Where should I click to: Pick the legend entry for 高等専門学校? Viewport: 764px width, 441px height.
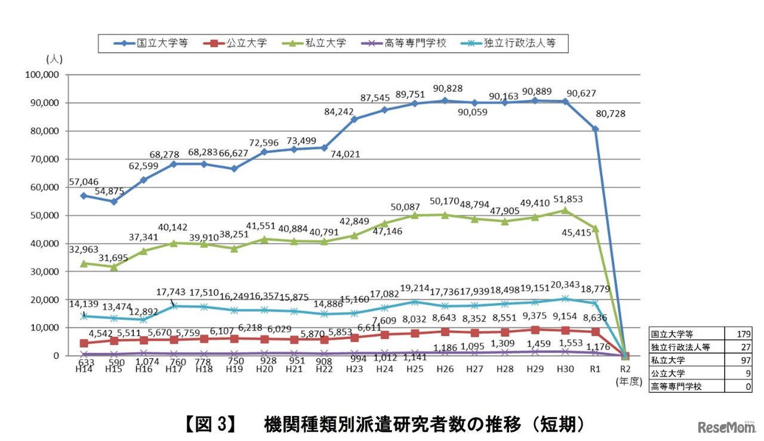[x=414, y=44]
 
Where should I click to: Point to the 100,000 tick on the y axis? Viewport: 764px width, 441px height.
[x=41, y=75]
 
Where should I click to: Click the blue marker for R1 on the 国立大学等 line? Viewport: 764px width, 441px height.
[x=595, y=129]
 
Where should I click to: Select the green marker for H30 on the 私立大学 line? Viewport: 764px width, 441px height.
[x=565, y=210]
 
